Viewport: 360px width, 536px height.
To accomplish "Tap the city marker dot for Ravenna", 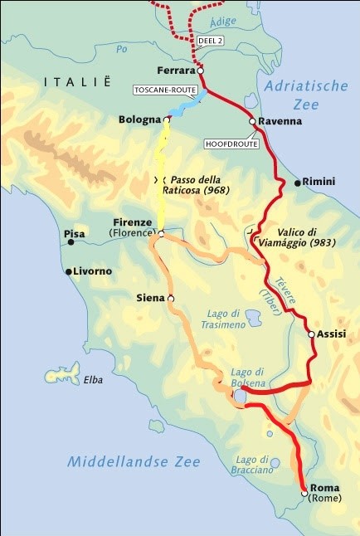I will click(252, 121).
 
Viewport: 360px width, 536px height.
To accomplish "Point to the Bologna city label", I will click(139, 120).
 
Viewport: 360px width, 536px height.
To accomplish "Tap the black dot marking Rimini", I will click(296, 182).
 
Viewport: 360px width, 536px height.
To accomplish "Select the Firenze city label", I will click(133, 222).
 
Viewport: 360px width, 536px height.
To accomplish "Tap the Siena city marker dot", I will click(171, 299).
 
